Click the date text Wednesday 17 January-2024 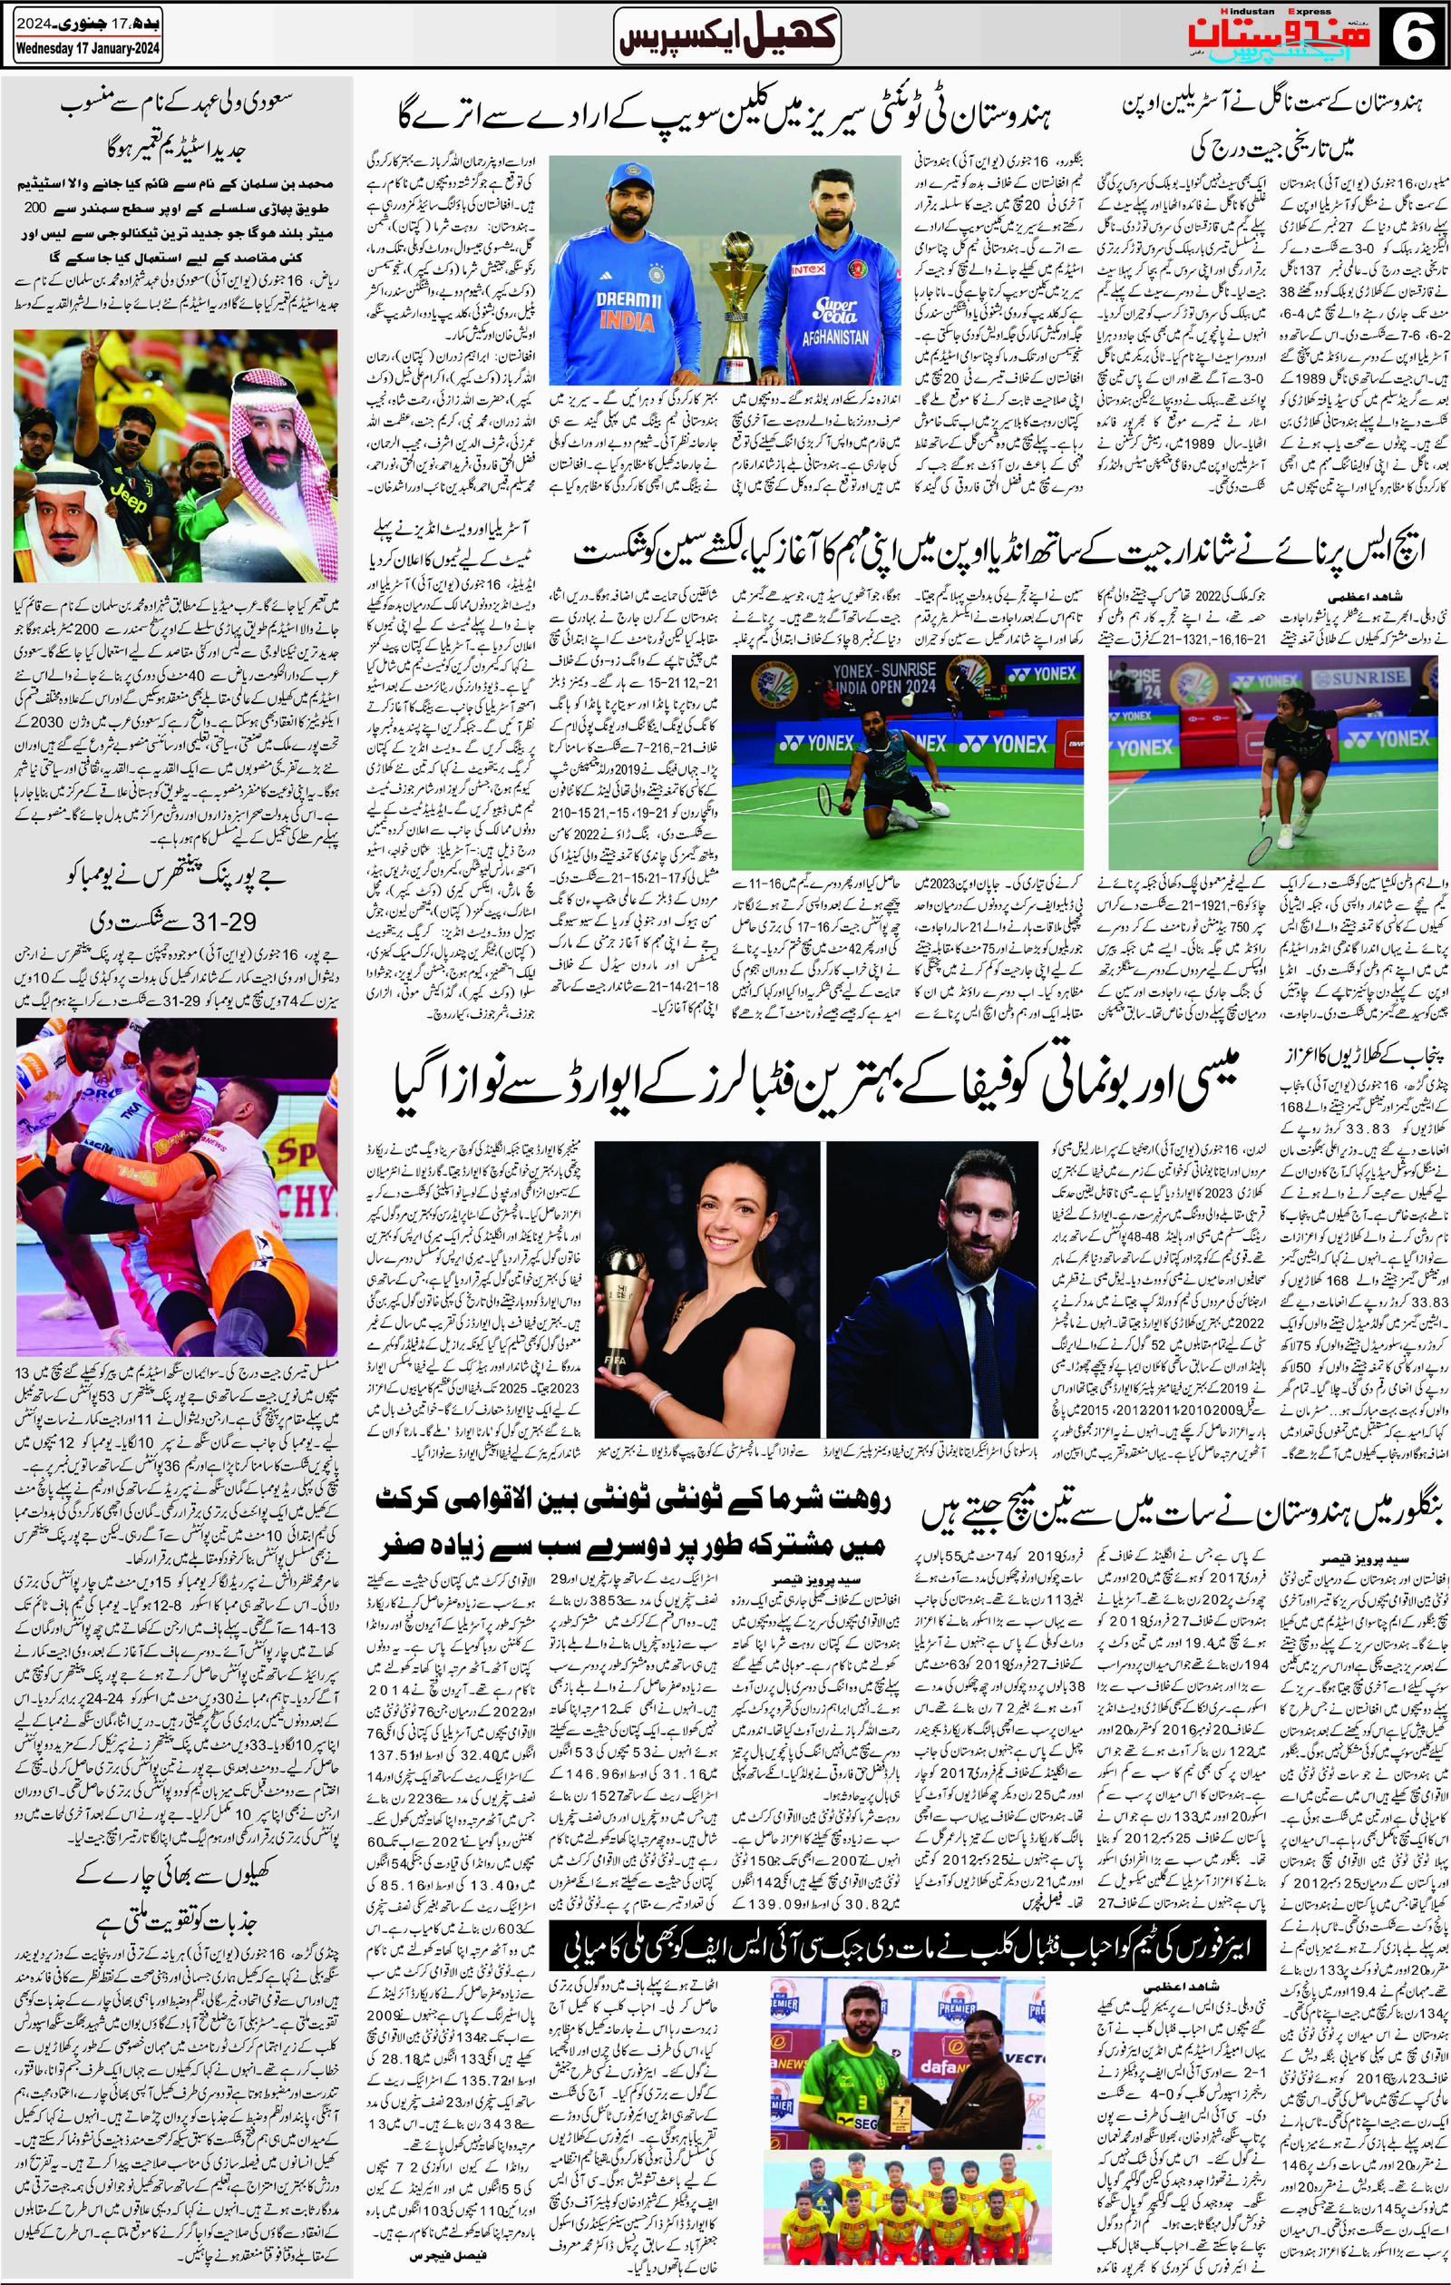87,50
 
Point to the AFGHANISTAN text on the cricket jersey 834,337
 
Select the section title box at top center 727,35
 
